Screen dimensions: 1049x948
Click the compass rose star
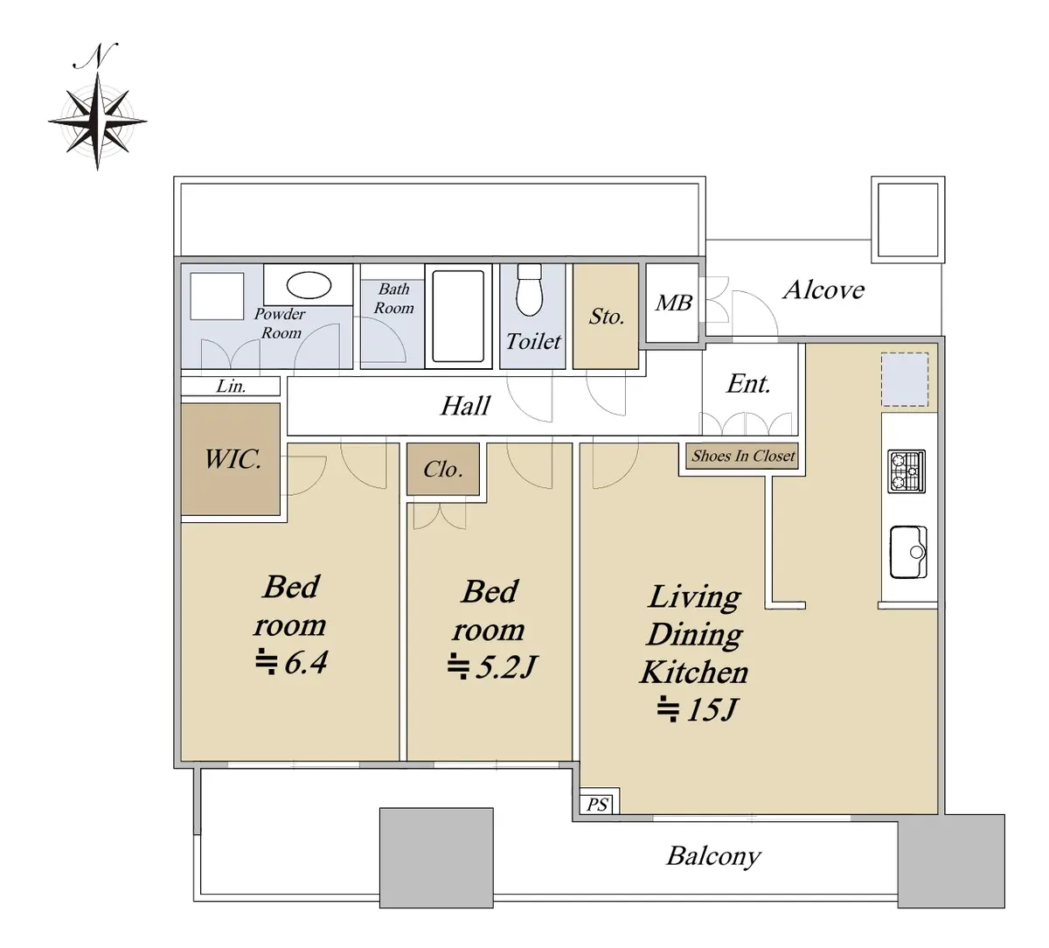(x=97, y=122)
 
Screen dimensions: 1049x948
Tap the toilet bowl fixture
(x=529, y=289)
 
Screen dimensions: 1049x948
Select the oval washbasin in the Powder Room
(x=309, y=285)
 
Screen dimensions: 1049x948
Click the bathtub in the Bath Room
(x=458, y=316)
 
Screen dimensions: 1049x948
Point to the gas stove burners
(x=907, y=471)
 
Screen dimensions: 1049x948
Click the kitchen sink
(x=909, y=552)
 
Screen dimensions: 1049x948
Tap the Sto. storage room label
(x=607, y=316)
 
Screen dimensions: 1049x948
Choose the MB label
(x=674, y=303)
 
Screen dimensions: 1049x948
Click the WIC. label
(x=233, y=459)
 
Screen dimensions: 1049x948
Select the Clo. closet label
(x=443, y=470)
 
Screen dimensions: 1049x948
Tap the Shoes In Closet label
(x=743, y=456)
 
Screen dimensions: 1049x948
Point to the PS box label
(x=597, y=804)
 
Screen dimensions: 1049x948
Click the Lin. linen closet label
(x=231, y=386)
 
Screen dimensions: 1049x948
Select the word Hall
(x=465, y=406)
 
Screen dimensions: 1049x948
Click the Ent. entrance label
(x=748, y=384)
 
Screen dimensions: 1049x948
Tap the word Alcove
(x=823, y=289)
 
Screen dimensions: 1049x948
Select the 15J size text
(x=712, y=709)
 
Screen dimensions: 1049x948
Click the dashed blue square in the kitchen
(x=905, y=380)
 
